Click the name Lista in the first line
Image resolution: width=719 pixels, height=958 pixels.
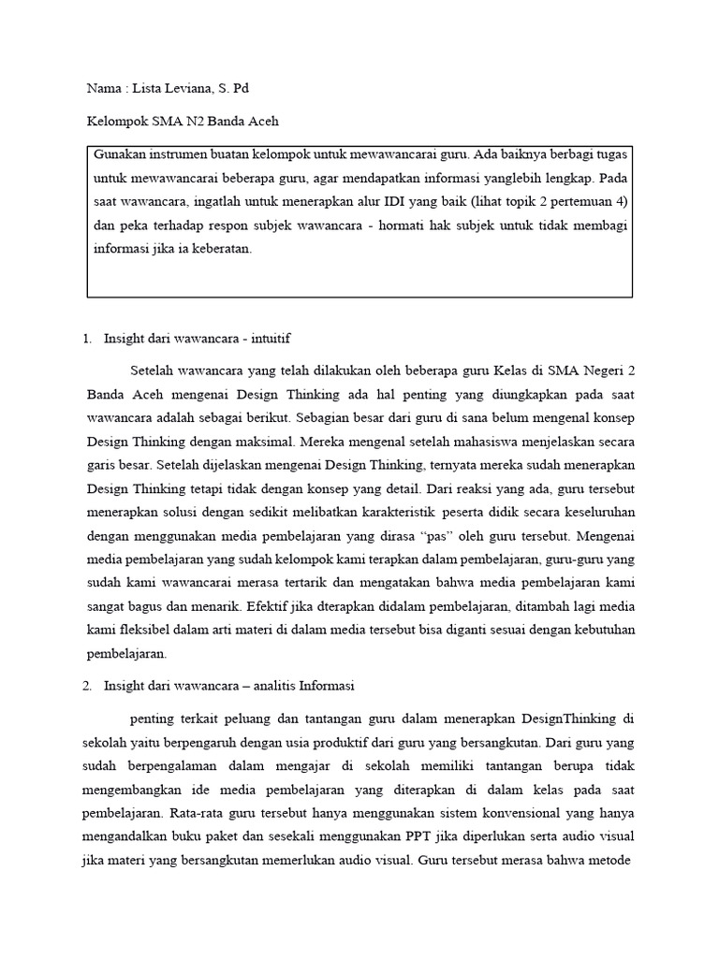coord(148,88)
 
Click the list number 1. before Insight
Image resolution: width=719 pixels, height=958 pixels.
coord(89,338)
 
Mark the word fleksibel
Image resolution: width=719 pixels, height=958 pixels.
coord(140,630)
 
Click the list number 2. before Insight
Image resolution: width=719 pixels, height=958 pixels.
coord(89,686)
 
